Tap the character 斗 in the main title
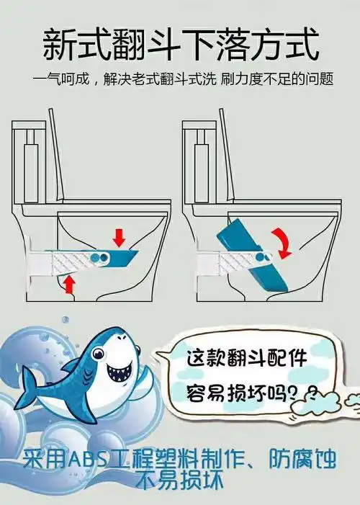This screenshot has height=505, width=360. coord(180,44)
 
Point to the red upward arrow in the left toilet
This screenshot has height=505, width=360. coord(69,284)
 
